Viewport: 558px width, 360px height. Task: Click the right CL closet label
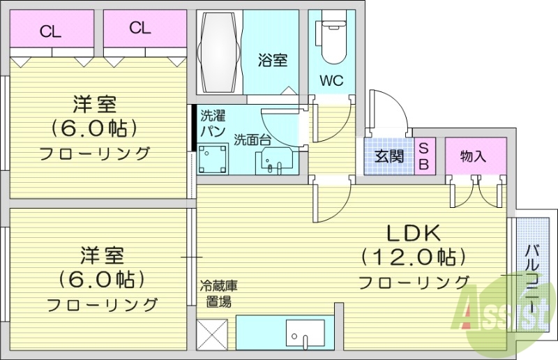(x=139, y=28)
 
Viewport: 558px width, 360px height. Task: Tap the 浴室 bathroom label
(x=273, y=61)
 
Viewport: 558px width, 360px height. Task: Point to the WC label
(x=331, y=80)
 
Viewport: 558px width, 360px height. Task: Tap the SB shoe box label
(x=423, y=156)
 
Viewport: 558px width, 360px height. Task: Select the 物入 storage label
(x=473, y=156)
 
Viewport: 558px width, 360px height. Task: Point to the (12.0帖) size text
(x=412, y=258)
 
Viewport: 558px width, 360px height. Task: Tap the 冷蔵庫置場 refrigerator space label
(x=219, y=294)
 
